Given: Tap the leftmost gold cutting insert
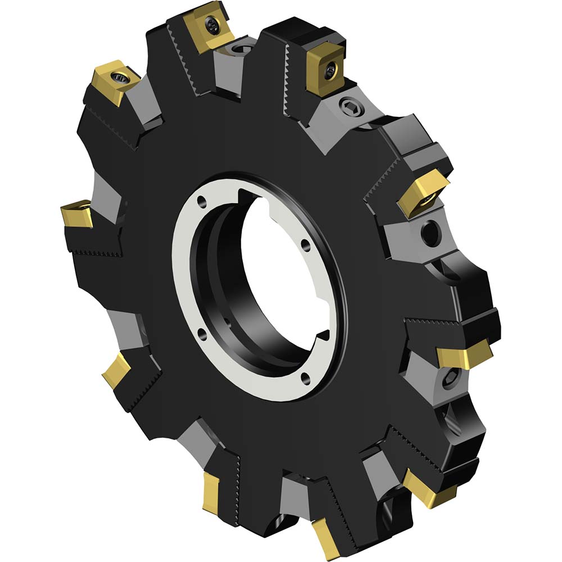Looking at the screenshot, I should pos(76,214).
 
